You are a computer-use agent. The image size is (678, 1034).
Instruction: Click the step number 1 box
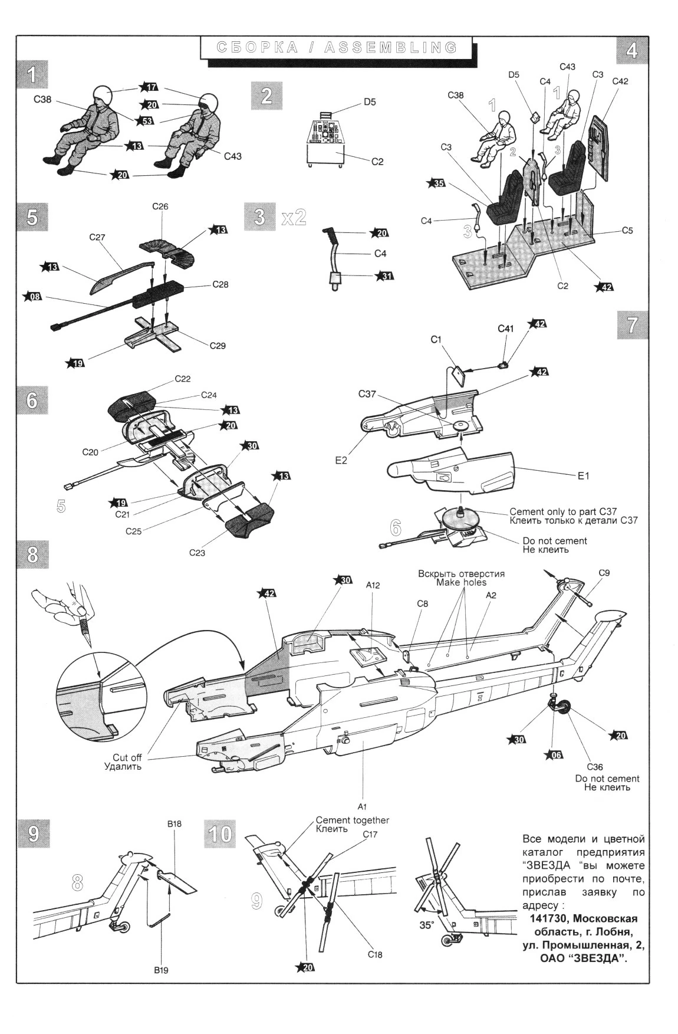click(x=32, y=75)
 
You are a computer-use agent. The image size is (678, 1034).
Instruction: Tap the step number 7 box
click(x=632, y=325)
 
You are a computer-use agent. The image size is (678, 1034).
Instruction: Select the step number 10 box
click(x=220, y=834)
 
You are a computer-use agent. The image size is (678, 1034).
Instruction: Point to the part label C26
click(x=160, y=206)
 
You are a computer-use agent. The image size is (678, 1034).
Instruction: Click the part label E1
click(x=583, y=475)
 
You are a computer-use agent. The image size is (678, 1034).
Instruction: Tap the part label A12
click(x=373, y=585)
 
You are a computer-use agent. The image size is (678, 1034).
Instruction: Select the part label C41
click(x=506, y=329)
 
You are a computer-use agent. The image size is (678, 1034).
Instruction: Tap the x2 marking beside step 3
click(x=294, y=216)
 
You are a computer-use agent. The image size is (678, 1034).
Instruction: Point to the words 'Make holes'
click(x=461, y=582)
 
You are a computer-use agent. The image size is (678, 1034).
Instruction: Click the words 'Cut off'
click(x=127, y=758)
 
